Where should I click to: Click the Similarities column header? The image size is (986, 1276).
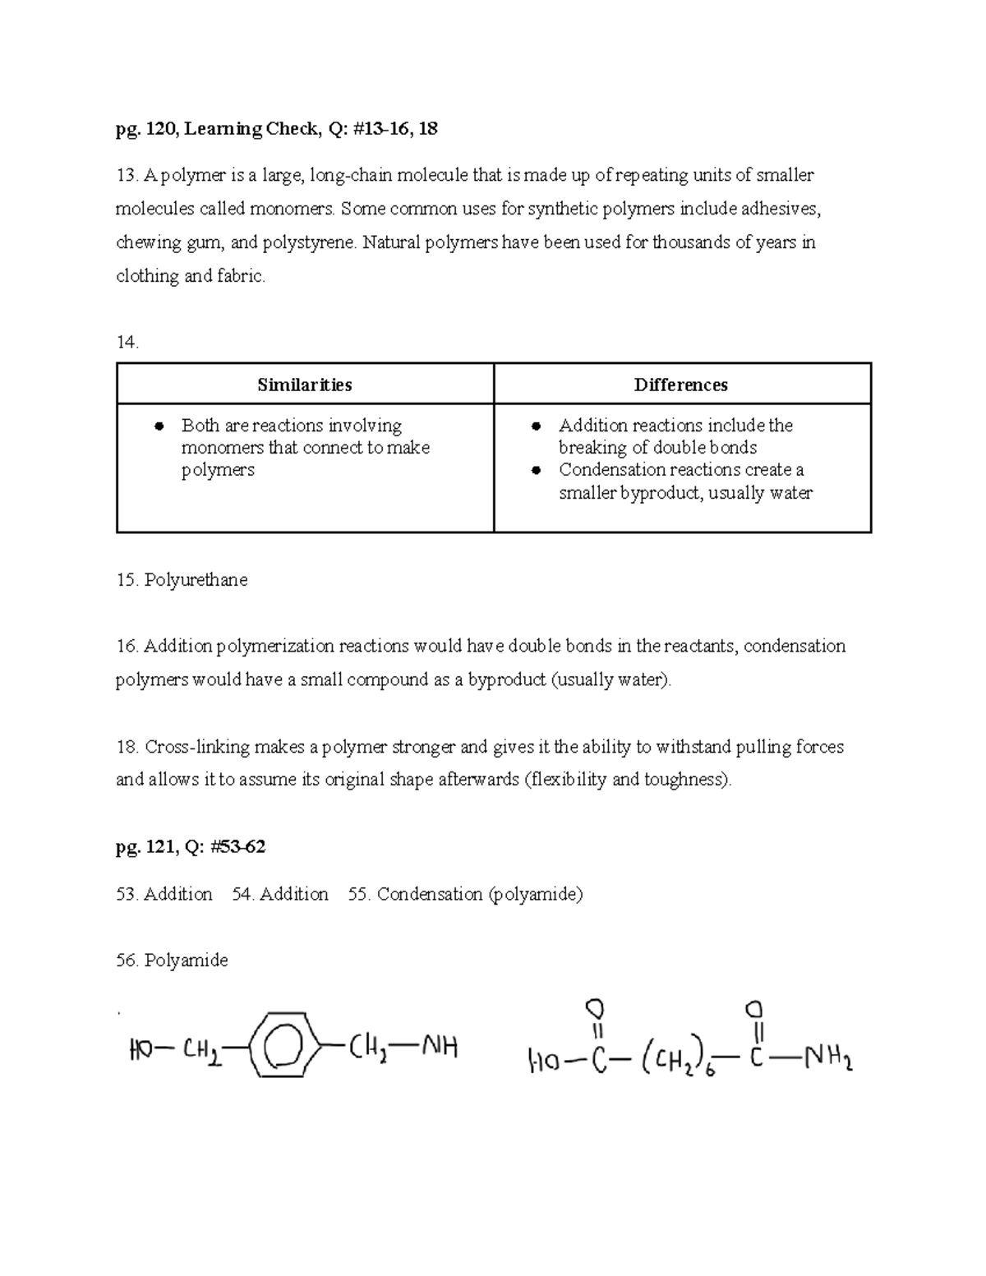(304, 385)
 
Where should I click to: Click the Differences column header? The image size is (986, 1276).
(680, 385)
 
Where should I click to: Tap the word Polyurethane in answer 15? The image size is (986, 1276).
(196, 580)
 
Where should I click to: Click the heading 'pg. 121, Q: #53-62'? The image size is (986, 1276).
(191, 847)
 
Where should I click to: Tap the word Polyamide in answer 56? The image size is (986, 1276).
(186, 960)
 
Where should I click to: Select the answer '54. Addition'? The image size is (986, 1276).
(280, 894)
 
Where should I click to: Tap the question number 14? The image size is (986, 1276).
(127, 343)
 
